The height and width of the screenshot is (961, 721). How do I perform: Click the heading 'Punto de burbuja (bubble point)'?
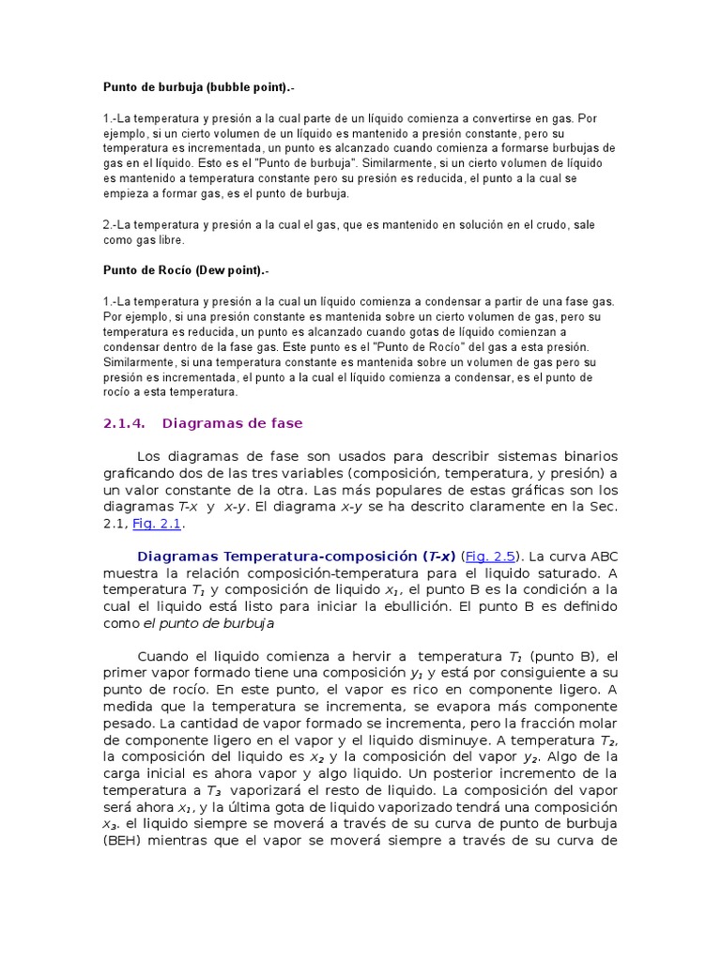pyautogui.click(x=191, y=87)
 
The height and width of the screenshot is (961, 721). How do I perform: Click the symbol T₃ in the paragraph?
pyautogui.click(x=216, y=790)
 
